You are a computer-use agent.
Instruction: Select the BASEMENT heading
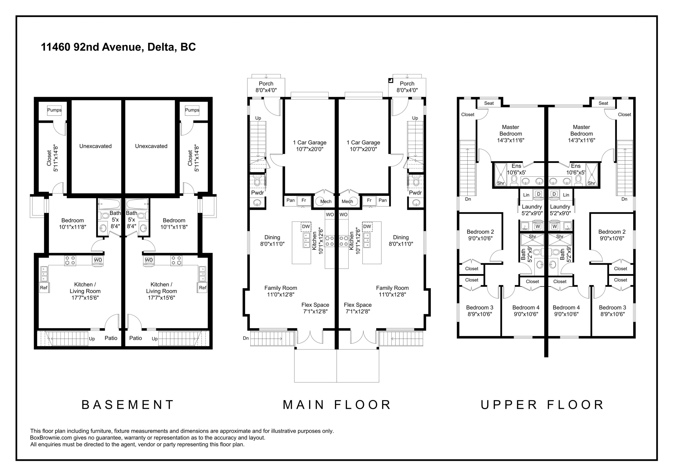(128, 405)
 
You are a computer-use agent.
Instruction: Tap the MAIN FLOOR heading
(337, 405)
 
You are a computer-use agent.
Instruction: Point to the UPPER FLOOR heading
(542, 405)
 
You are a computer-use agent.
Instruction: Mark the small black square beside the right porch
(390, 80)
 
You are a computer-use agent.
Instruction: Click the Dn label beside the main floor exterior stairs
(246, 338)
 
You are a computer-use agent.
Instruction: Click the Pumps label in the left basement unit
(54, 110)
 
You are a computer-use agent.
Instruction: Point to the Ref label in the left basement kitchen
(44, 288)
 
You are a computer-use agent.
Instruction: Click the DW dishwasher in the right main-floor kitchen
(367, 226)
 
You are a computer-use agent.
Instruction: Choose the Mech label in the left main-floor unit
(326, 201)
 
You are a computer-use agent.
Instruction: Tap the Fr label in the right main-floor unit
(369, 200)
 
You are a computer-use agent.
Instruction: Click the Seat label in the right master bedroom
(603, 103)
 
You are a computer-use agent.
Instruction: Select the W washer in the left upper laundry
(538, 226)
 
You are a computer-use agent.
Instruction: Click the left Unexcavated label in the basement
(96, 146)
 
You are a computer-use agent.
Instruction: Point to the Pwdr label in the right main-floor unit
(415, 193)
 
